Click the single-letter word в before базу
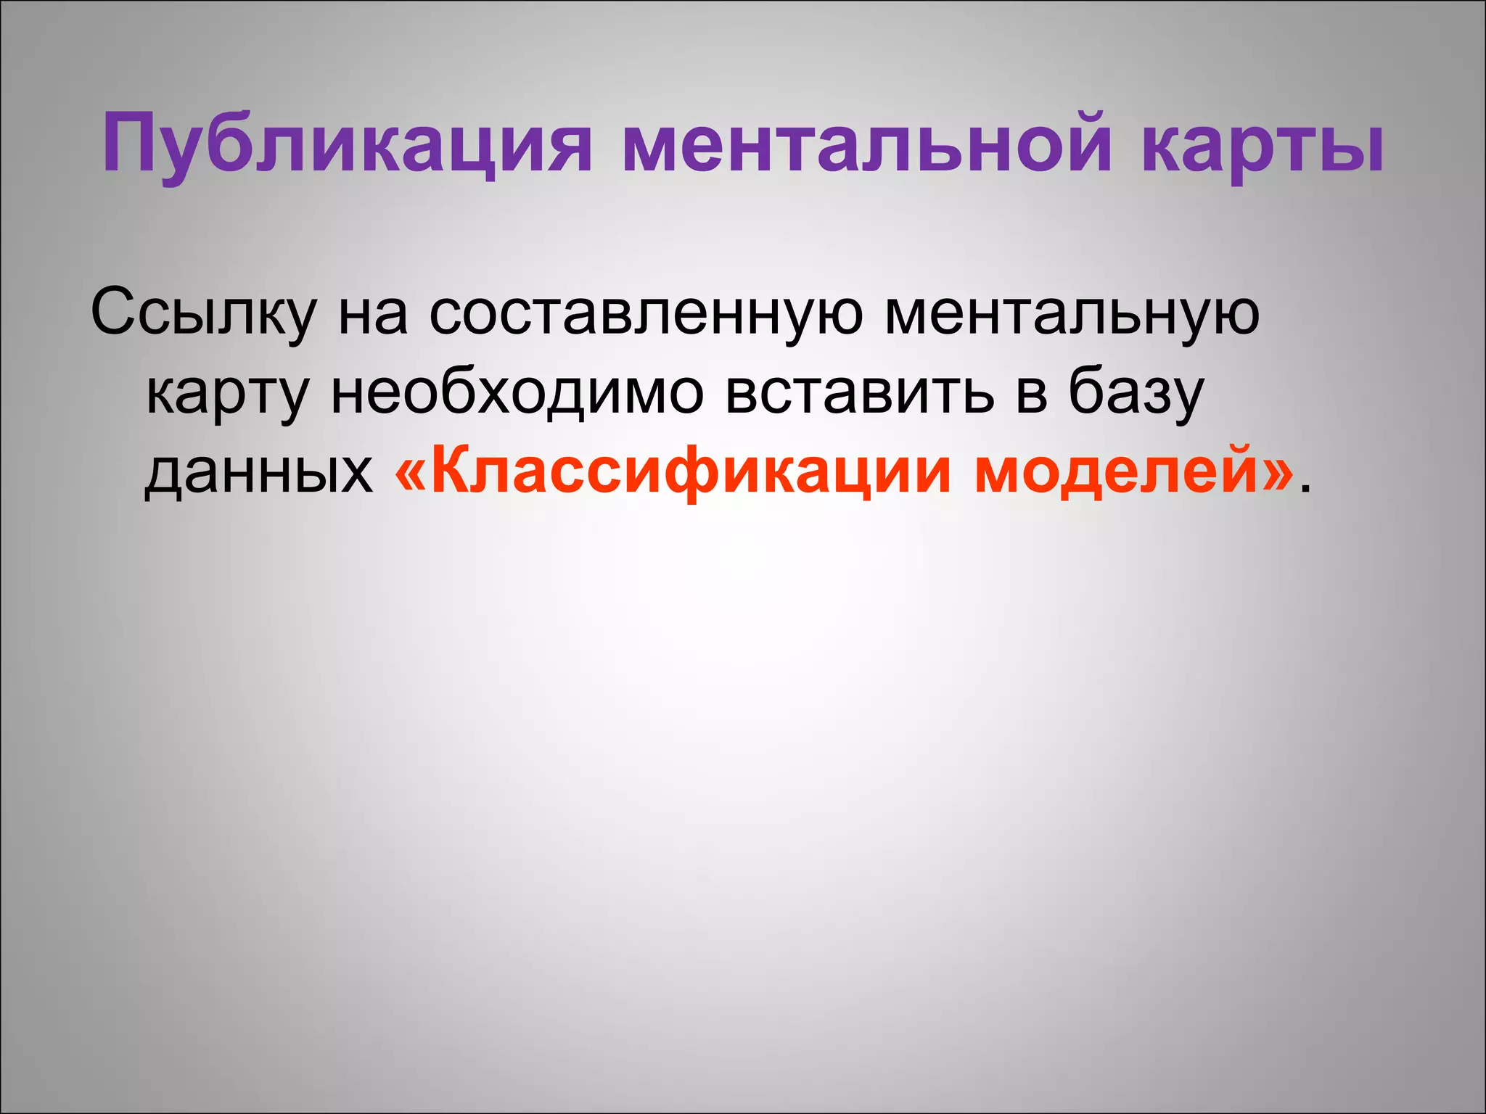tap(1031, 396)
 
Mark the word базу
tap(1136, 396)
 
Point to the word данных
tap(258, 475)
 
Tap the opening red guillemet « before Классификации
tap(411, 475)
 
